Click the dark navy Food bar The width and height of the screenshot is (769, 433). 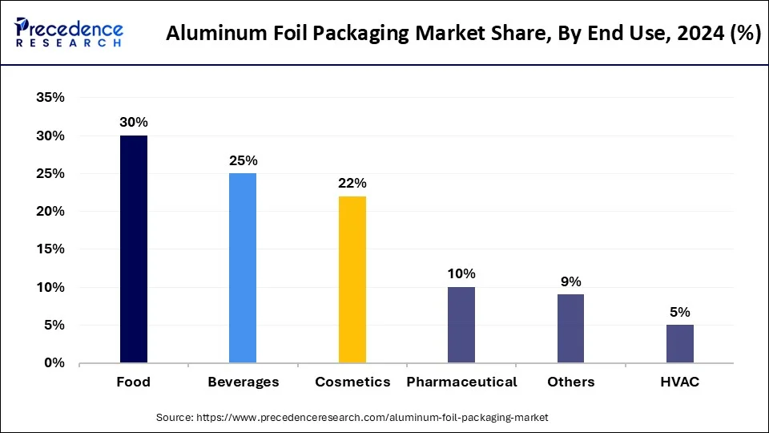coord(134,249)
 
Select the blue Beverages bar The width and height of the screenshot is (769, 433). coord(243,268)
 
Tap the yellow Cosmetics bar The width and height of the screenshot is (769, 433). coord(352,279)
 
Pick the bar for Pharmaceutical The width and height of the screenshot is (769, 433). coord(461,325)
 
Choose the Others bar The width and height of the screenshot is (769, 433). coord(570,329)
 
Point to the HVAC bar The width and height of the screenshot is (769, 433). coord(680,344)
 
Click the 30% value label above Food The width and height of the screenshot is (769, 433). coord(134,123)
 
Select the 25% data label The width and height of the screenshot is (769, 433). coord(243,160)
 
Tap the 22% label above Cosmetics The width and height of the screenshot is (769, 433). coord(352,183)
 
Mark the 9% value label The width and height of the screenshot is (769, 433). coord(571,281)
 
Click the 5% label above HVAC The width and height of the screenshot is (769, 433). coord(680,312)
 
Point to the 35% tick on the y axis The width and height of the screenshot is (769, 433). coord(50,98)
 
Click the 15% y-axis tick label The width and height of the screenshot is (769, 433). coord(50,249)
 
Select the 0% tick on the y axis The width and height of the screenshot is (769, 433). coord(54,363)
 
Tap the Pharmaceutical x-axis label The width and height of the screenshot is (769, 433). coord(461,382)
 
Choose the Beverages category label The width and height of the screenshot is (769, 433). coord(243,382)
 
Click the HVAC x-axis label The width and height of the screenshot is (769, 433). coord(680,382)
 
